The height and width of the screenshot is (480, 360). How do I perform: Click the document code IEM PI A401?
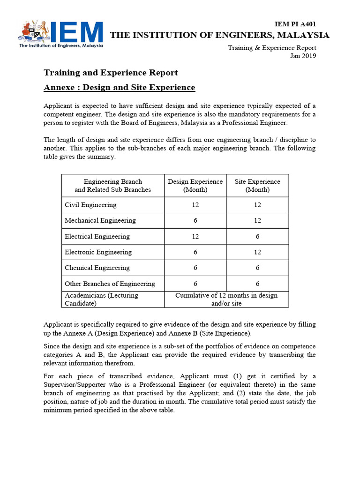pyautogui.click(x=295, y=24)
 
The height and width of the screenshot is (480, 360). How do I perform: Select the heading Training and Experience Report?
pyautogui.click(x=111, y=73)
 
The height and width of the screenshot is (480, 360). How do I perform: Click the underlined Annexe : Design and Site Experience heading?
pyautogui.click(x=119, y=88)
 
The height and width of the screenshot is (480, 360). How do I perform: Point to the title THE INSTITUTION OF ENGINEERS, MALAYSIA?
pyautogui.click(x=219, y=35)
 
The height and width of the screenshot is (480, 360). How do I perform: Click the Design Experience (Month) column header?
pyautogui.click(x=195, y=186)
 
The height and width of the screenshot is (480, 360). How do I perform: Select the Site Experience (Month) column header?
pyautogui.click(x=257, y=186)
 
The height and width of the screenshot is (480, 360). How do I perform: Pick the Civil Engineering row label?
pyautogui.click(x=90, y=205)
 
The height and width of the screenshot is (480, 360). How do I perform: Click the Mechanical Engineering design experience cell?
pyautogui.click(x=195, y=220)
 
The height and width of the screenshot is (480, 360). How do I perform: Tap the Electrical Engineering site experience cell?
pyautogui.click(x=257, y=236)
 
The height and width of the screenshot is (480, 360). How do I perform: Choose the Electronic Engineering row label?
pyautogui.click(x=98, y=252)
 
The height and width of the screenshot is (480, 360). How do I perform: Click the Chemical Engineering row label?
pyautogui.click(x=97, y=268)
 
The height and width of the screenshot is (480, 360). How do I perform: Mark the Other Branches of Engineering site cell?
pyautogui.click(x=257, y=284)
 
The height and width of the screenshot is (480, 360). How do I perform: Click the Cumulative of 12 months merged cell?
pyautogui.click(x=226, y=299)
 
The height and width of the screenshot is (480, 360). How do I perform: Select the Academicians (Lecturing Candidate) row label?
pyautogui.click(x=101, y=299)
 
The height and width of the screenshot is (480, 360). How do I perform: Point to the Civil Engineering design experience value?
pyautogui.click(x=195, y=205)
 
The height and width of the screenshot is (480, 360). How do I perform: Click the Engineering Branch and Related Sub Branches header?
pyautogui.click(x=113, y=186)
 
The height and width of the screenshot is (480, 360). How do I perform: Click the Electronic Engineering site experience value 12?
pyautogui.click(x=257, y=252)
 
